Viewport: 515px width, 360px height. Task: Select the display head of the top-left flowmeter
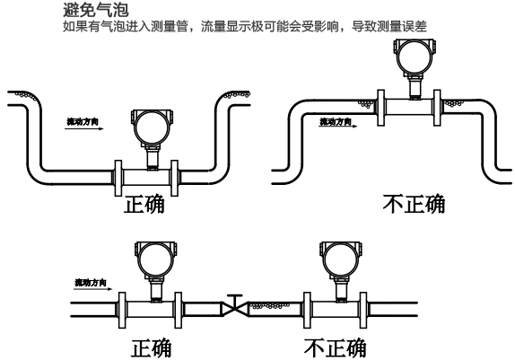[146, 127]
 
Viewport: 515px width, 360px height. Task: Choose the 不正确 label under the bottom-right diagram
[335, 345]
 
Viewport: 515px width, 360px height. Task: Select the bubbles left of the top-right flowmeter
[366, 103]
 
